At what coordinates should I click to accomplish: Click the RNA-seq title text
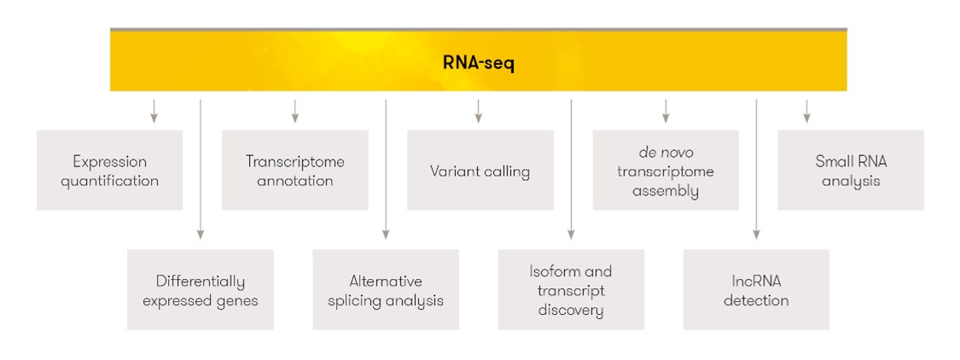[x=479, y=64]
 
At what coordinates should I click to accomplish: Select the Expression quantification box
[x=109, y=171]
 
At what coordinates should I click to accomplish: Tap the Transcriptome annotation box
[x=295, y=171]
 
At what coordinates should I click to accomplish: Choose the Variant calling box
[x=480, y=171]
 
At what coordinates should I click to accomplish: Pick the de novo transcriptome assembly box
[x=666, y=171]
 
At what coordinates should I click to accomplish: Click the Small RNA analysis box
[x=851, y=171]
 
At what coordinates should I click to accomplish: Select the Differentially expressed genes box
[x=201, y=289]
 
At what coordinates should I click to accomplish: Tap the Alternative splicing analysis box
[x=386, y=289]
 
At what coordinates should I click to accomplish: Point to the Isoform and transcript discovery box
[x=571, y=289]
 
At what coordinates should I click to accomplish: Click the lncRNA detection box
[x=756, y=289]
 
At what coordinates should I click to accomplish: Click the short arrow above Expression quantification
[x=154, y=111]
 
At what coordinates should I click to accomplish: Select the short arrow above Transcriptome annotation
[x=295, y=111]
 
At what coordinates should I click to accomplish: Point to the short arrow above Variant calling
[x=479, y=111]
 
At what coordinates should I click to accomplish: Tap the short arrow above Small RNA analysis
[x=807, y=111]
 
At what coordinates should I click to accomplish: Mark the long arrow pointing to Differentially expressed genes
[x=201, y=169]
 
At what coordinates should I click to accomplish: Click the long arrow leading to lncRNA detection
[x=757, y=169]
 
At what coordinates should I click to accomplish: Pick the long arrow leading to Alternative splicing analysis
[x=386, y=169]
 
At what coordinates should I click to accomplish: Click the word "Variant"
[x=451, y=171]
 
